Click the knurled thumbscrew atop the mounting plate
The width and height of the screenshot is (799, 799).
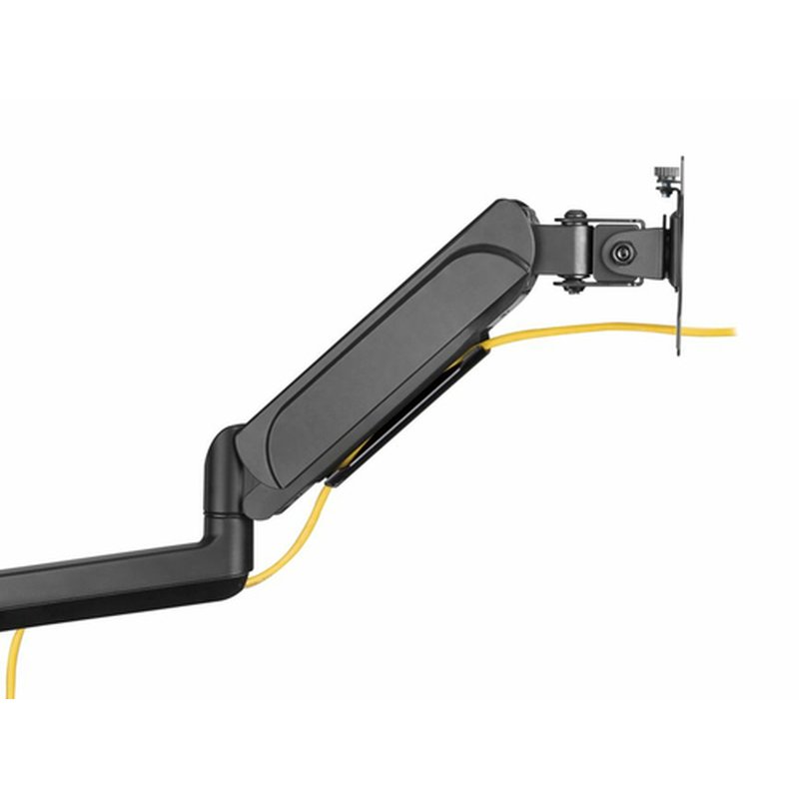point(662,175)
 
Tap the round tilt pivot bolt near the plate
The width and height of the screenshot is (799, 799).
point(623,254)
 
